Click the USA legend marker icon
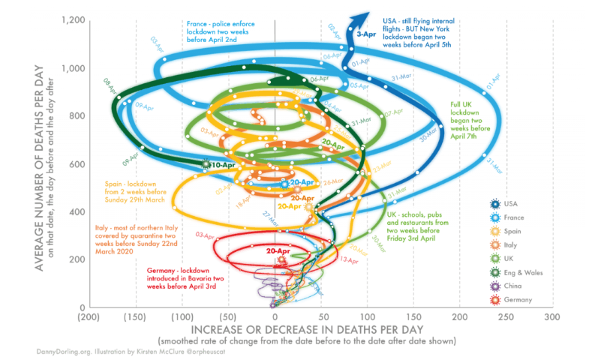[x=495, y=204]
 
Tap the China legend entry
[x=515, y=286]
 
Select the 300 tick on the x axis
[x=552, y=318]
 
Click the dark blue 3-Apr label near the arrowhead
[x=367, y=34]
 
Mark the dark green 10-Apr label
[x=223, y=164]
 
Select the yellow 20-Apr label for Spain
[x=290, y=205]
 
